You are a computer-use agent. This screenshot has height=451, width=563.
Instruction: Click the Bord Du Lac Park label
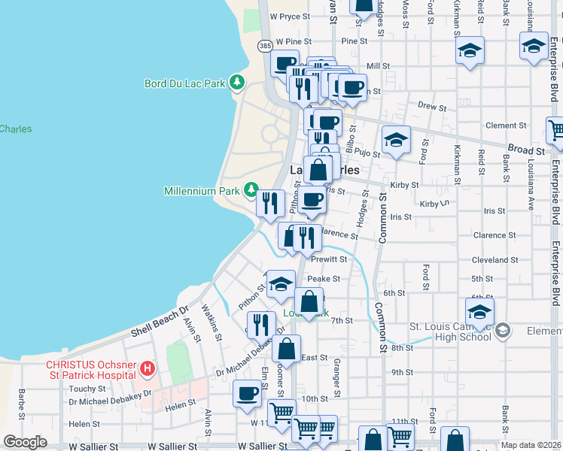point(185,83)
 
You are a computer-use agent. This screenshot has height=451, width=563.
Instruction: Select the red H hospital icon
point(148,369)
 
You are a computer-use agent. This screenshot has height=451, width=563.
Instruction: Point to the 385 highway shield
point(265,46)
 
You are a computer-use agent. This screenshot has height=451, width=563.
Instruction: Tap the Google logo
point(25,441)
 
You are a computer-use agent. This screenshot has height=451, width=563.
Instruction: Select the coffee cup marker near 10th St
point(247,393)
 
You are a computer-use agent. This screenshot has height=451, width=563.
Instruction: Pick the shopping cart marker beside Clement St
point(555,130)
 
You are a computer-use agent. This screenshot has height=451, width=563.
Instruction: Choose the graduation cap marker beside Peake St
point(281,284)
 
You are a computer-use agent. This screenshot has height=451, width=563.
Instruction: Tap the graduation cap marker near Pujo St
point(396,139)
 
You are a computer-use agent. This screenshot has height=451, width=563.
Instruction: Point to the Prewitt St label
point(329,259)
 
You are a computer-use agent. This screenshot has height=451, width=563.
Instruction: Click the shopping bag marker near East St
point(286,350)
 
